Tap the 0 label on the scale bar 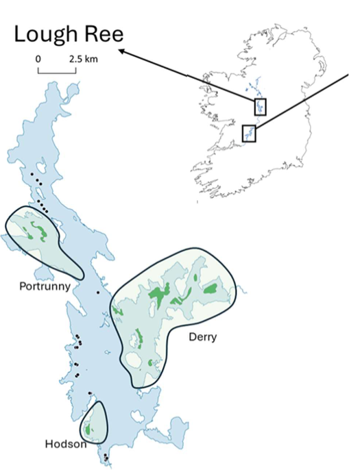(x=38, y=60)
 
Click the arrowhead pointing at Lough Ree (x=121, y=50)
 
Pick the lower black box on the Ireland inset (x=249, y=133)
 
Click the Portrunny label (x=45, y=286)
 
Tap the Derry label (x=202, y=337)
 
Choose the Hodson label (x=66, y=443)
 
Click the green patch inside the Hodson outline (x=88, y=430)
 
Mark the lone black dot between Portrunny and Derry (x=98, y=293)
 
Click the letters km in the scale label (x=91, y=60)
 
